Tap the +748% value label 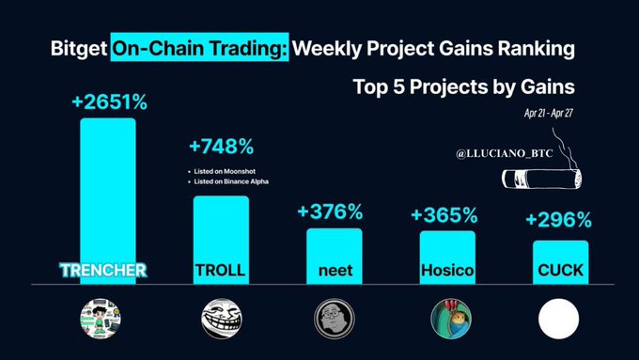(222, 149)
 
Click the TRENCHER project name (106, 270)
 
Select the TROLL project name (221, 270)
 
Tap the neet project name (334, 270)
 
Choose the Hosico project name (447, 270)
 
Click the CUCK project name (561, 270)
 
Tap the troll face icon (221, 318)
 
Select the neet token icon (334, 318)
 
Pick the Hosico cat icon (447, 318)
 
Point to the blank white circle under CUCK (561, 318)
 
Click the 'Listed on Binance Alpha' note (231, 180)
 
